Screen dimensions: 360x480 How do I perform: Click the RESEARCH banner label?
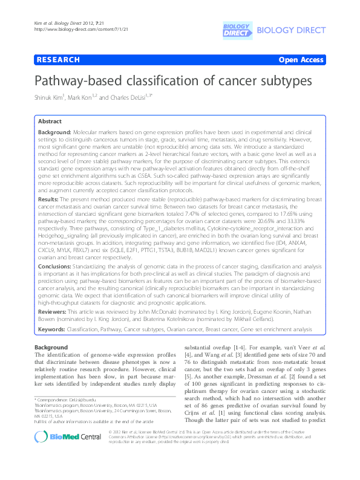pos(58,60)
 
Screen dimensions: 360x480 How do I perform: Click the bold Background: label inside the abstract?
pos(54,131)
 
